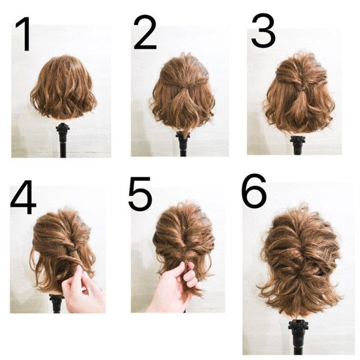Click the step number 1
tap(24, 34)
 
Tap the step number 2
tap(145, 32)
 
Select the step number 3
tap(263, 30)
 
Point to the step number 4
tap(23, 197)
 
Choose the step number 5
tap(140, 193)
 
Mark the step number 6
tap(254, 190)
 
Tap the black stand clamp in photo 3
tap(297, 140)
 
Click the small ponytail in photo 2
tap(184, 101)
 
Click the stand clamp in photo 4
tap(56, 299)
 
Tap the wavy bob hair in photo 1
tap(64, 87)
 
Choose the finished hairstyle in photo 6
tap(300, 260)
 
